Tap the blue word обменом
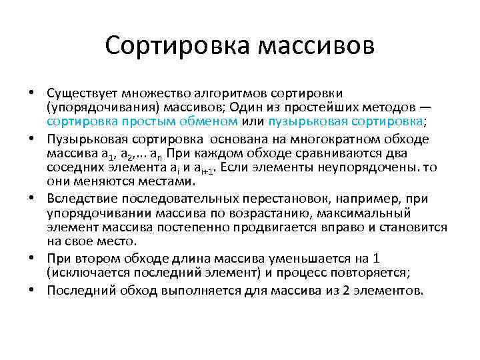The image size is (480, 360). (x=214, y=121)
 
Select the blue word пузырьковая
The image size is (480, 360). (x=301, y=121)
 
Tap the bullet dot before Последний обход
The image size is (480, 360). (x=32, y=291)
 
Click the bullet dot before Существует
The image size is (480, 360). (x=32, y=92)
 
